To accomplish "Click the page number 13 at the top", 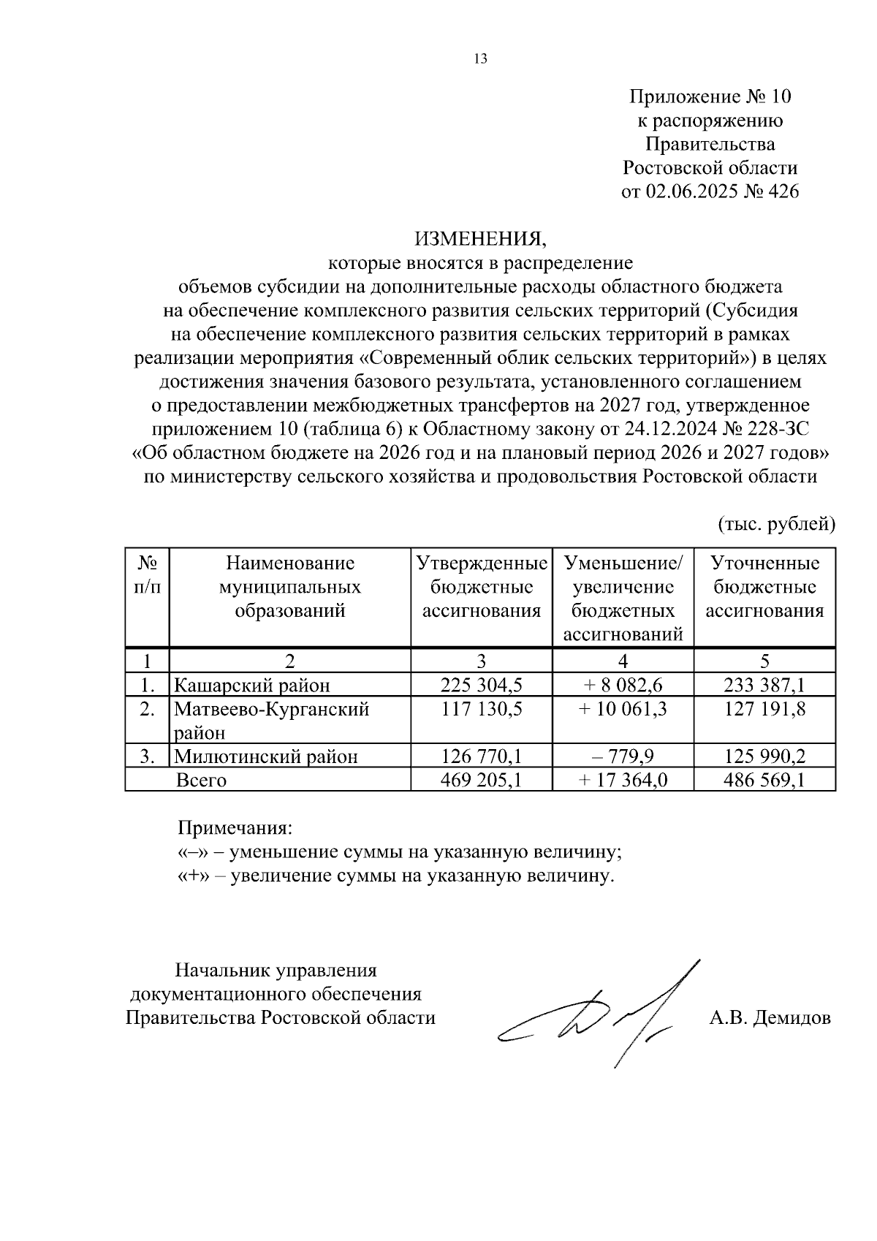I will pyautogui.click(x=480, y=59).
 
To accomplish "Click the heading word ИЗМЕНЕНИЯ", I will pyautogui.click(x=480, y=238).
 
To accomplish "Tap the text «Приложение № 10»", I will pyautogui.click(x=710, y=96).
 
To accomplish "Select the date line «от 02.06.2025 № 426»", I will pyautogui.click(x=710, y=192).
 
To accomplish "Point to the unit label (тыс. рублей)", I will pyautogui.click(x=776, y=523).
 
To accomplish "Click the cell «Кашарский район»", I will pyautogui.click(x=252, y=686).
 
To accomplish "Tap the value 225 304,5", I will pyautogui.click(x=481, y=685).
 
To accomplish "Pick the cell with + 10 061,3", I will pyautogui.click(x=623, y=709).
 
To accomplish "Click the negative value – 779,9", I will pyautogui.click(x=623, y=756).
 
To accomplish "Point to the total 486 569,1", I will pyautogui.click(x=764, y=780).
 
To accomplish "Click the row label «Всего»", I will pyautogui.click(x=202, y=780).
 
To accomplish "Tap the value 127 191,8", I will pyautogui.click(x=764, y=709).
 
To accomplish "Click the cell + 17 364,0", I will pyautogui.click(x=623, y=780).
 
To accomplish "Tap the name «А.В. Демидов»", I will pyautogui.click(x=770, y=1017).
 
